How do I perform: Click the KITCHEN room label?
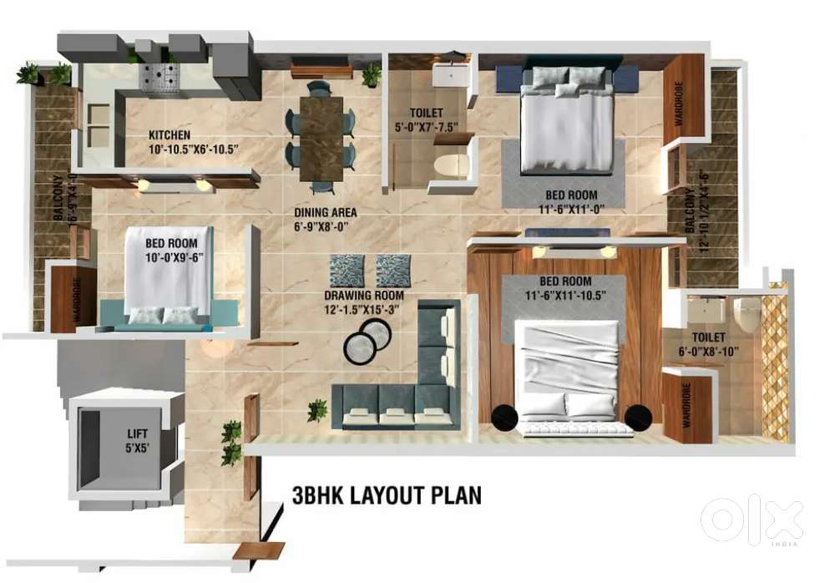click(x=170, y=134)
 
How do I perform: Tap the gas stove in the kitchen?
click(x=156, y=76)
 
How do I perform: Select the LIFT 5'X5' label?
click(x=139, y=439)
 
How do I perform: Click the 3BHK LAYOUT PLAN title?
click(x=387, y=495)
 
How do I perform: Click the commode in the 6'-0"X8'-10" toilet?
click(x=746, y=313)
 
